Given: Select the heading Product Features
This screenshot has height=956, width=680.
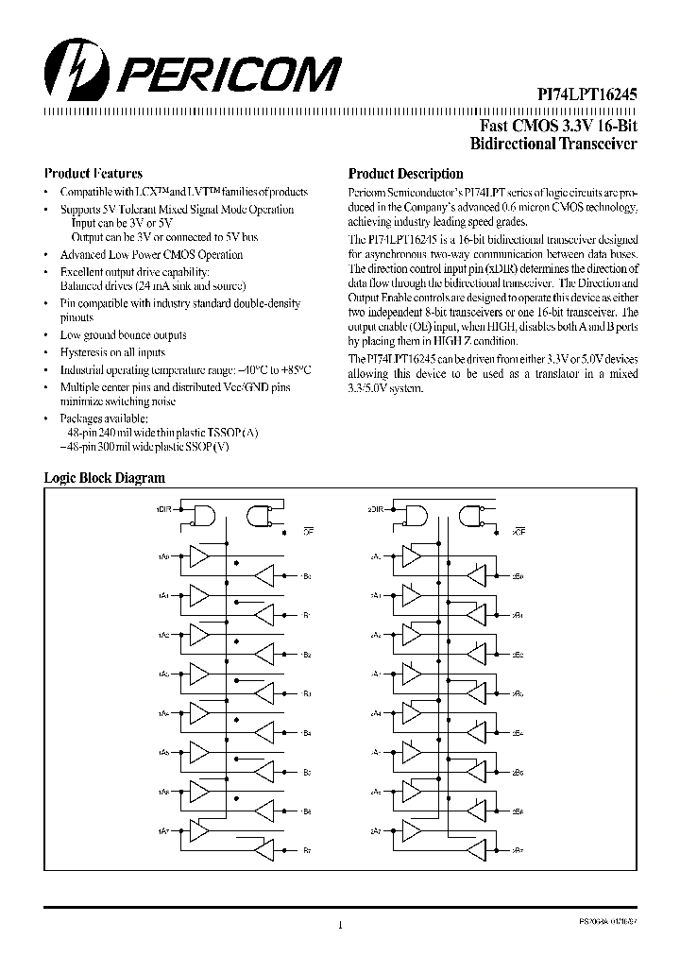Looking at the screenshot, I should tap(93, 174).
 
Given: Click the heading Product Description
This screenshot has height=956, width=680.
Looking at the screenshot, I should tap(405, 174).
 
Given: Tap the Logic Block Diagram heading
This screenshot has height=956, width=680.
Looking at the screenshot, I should tap(105, 479).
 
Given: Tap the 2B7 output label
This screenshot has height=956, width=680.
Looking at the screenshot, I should tap(518, 850).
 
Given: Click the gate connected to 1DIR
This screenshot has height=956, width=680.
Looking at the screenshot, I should tap(203, 515).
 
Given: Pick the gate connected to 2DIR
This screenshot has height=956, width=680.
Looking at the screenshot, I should tap(413, 515).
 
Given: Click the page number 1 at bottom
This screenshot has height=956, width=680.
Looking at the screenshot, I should tap(339, 927).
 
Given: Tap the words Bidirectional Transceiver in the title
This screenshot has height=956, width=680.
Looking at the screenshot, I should tap(553, 144).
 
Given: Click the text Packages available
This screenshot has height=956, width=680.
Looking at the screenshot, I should tap(104, 417).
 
